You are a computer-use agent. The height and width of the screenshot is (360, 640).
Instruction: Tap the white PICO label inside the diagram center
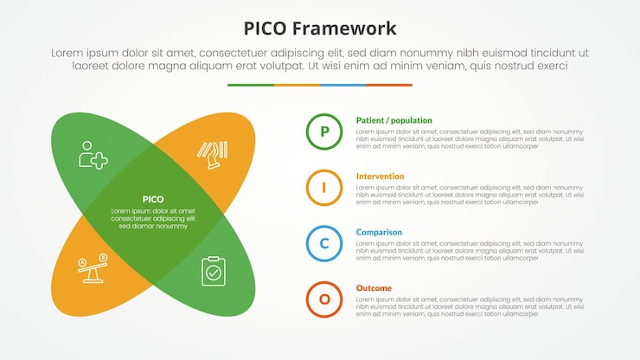coord(152,199)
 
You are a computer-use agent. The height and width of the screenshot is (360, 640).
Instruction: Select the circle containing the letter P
coord(324,132)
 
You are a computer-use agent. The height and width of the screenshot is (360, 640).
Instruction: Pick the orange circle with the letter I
coord(324,188)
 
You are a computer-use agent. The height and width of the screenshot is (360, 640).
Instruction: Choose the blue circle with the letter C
coord(324,243)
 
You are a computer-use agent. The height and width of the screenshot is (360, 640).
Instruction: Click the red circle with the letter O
coord(324,299)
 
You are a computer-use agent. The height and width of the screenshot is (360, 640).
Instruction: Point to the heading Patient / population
coord(394,120)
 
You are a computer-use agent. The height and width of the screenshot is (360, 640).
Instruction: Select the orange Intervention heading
coord(380,177)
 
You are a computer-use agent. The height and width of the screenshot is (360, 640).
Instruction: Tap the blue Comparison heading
coord(379,232)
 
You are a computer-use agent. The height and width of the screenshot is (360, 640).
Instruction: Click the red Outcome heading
coord(374,288)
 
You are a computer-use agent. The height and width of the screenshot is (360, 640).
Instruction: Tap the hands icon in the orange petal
coord(212,154)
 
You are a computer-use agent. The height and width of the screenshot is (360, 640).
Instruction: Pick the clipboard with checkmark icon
coord(213,271)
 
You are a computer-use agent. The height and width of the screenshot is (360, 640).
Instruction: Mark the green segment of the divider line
coord(251,85)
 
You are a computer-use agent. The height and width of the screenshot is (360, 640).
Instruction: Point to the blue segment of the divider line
coord(342,85)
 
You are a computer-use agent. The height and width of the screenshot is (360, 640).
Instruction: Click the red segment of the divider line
coord(389,85)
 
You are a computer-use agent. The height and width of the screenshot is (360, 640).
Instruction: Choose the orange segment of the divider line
coord(297,85)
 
